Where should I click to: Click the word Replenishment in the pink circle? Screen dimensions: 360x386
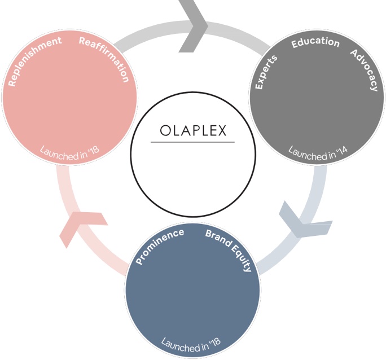[34, 62]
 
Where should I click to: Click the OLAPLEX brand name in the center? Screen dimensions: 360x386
[193, 131]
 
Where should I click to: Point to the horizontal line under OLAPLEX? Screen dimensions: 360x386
[193, 142]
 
